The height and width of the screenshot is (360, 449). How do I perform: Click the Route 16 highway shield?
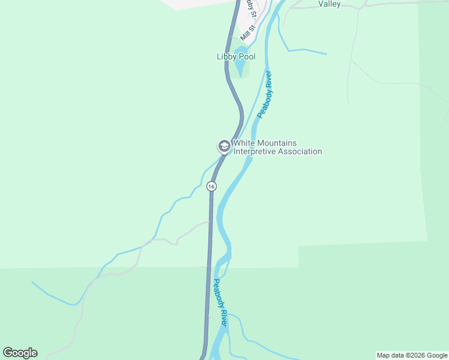pos(211,187)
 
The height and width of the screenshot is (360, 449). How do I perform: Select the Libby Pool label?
pos(236,57)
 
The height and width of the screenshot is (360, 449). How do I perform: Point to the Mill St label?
pos(248,32)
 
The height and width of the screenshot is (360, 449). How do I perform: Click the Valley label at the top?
pos(330,4)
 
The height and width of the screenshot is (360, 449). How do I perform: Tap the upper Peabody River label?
pos(265,94)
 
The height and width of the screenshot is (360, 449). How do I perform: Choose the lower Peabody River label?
pos(220,303)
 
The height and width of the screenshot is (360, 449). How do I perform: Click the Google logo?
pos(20,353)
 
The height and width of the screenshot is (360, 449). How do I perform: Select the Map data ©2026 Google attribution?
pos(412,355)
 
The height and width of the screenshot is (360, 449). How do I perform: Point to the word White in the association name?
pos(246,143)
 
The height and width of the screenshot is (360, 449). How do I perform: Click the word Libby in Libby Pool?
pos(228,57)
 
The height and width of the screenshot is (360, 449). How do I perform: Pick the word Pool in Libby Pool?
pos(247,57)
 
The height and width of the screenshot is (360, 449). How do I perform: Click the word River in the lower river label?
pos(223,318)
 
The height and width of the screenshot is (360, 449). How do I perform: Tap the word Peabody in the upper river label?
pos(263,102)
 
